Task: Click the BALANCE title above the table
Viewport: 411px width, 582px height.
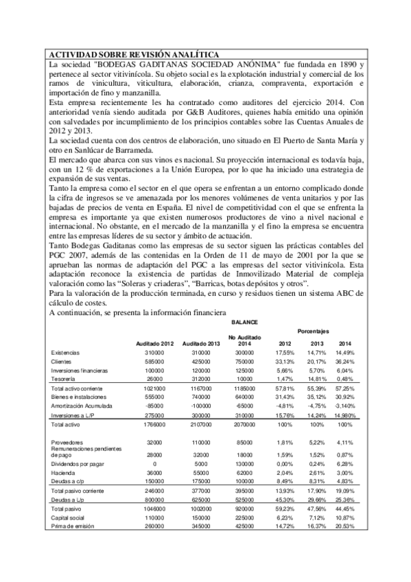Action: (244, 321)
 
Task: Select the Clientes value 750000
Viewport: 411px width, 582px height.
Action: (246, 361)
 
